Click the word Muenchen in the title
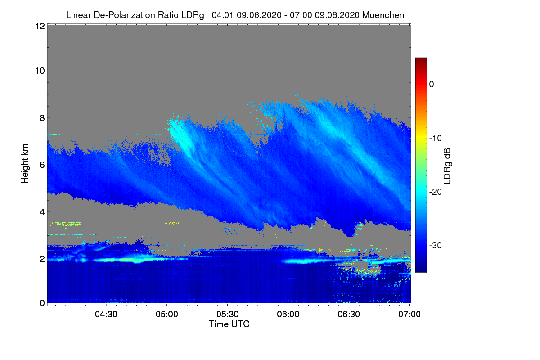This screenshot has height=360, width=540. [x=383, y=15]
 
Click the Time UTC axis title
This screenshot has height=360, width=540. [x=229, y=324]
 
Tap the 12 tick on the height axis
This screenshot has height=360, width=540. [x=39, y=26]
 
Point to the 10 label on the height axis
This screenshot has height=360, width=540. [x=39, y=71]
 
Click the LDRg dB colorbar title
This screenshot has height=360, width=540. [x=447, y=166]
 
